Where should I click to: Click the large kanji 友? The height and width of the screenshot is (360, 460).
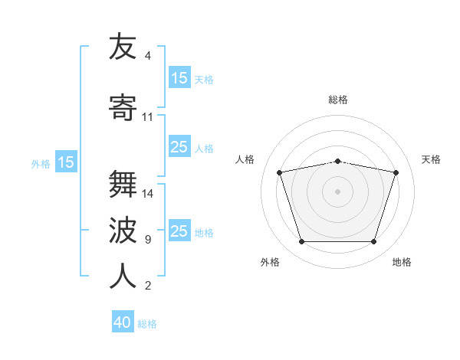tap(123, 46)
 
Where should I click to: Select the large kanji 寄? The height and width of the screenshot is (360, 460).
tap(123, 107)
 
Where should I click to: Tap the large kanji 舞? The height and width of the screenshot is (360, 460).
tap(123, 184)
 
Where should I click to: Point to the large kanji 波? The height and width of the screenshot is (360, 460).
tap(123, 230)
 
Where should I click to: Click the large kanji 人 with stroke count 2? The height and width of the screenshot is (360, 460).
tap(123, 276)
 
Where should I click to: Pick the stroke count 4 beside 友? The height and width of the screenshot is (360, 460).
tap(148, 56)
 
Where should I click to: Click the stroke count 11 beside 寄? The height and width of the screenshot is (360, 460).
tap(147, 117)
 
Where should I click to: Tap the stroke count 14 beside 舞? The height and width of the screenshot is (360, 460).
tap(147, 194)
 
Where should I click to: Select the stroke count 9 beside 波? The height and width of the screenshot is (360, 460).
tap(148, 240)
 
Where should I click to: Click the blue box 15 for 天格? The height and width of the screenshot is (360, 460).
tap(180, 77)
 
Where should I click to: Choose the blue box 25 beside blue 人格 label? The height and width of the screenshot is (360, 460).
tap(180, 146)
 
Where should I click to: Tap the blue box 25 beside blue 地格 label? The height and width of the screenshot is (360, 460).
tap(180, 230)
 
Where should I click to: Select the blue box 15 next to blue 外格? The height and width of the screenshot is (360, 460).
tap(66, 162)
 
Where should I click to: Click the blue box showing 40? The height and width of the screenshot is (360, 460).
tap(123, 321)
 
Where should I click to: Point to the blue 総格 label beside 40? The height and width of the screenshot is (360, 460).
tap(147, 324)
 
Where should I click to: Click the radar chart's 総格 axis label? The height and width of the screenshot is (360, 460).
tap(338, 100)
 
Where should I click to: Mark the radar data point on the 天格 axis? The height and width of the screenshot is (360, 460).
tap(396, 172)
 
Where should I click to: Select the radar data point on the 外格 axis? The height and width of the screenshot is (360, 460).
tap(301, 242)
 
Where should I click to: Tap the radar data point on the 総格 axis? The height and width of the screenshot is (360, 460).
tap(337, 162)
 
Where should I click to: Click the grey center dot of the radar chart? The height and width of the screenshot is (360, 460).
tap(337, 191)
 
